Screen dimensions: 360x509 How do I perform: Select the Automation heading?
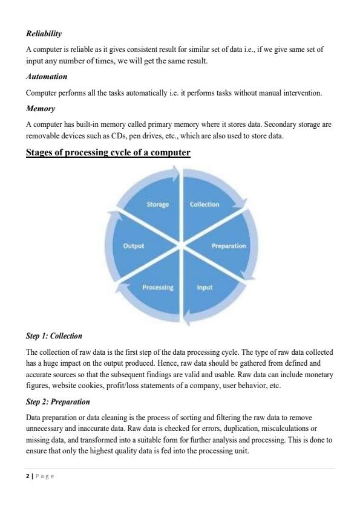click(47, 77)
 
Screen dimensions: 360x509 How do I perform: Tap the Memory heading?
click(40, 108)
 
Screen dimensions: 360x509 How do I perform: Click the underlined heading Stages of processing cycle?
click(108, 153)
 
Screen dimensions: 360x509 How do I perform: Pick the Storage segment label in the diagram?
click(157, 204)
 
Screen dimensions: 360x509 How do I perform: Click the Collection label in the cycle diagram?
click(205, 204)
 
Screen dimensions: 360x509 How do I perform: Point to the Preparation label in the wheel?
click(228, 246)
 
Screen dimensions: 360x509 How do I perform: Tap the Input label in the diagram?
click(205, 287)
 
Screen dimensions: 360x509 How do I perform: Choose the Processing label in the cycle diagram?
click(158, 287)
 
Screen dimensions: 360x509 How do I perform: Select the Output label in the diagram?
click(135, 246)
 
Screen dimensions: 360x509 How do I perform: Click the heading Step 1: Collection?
click(54, 336)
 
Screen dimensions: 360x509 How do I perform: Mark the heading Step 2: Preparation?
click(58, 401)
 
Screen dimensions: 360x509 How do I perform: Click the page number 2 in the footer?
click(28, 476)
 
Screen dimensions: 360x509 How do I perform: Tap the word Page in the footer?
click(44, 476)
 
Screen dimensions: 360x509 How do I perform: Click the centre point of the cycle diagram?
click(181, 245)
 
